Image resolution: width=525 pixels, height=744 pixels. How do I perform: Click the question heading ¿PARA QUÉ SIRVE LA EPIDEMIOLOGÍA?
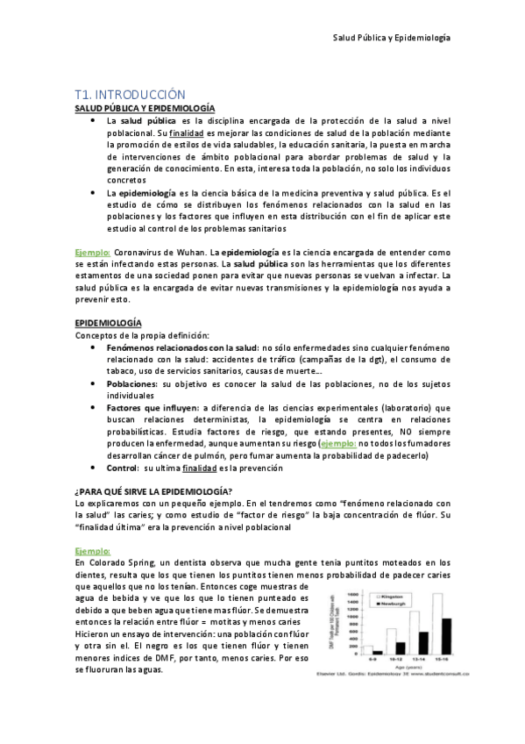(x=153, y=490)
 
